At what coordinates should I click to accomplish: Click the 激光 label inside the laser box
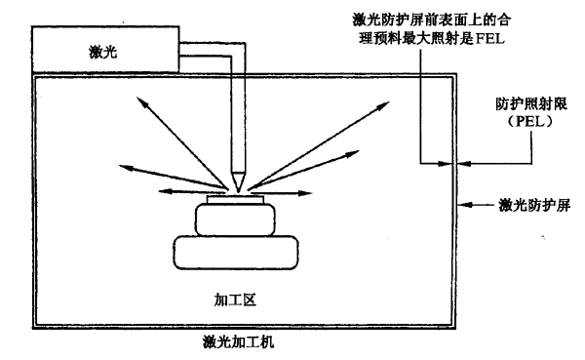[x=103, y=52]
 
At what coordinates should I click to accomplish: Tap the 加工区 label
[x=235, y=300]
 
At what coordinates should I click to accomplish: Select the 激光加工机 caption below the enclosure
[x=239, y=341]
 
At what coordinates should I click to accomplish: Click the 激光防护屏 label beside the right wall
[x=534, y=205]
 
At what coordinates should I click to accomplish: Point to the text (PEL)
[x=530, y=121]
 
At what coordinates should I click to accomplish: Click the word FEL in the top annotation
[x=489, y=38]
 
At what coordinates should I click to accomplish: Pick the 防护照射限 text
[x=531, y=103]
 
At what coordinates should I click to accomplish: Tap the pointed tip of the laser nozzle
[x=238, y=191]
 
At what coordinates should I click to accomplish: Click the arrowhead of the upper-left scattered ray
[x=141, y=101]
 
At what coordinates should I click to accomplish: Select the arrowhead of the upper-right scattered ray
[x=383, y=105]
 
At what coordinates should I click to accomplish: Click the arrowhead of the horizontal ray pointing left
[x=165, y=191]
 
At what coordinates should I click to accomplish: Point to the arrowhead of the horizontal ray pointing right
[x=305, y=193]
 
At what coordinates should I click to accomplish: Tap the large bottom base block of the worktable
[x=236, y=253]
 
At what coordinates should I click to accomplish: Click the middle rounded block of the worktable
[x=235, y=220]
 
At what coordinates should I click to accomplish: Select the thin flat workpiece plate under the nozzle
[x=236, y=199]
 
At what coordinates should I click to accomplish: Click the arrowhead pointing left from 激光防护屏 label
[x=465, y=205]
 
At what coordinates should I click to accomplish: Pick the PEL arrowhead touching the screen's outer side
[x=464, y=163]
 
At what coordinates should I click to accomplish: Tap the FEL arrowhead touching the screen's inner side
[x=445, y=163]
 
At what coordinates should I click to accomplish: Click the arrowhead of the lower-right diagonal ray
[x=353, y=153]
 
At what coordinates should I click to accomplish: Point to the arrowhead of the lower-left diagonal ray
[x=126, y=168]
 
